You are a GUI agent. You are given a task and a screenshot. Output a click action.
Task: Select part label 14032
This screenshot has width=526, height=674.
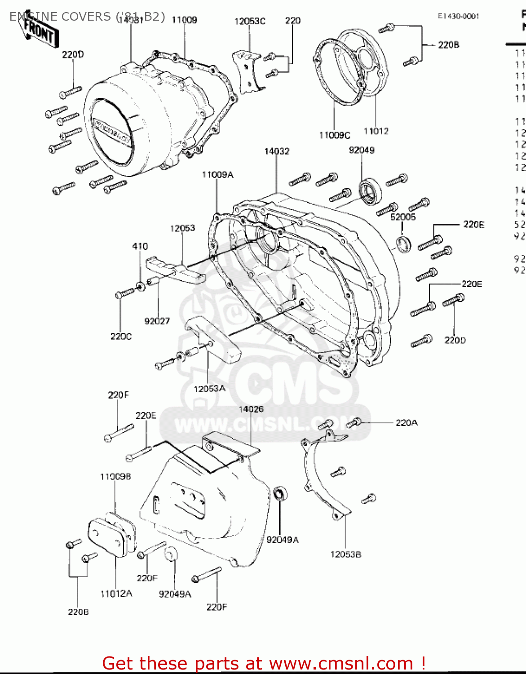277,151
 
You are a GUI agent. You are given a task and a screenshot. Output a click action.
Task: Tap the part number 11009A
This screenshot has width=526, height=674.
217,175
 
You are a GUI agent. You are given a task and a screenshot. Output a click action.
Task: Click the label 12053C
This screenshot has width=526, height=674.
250,21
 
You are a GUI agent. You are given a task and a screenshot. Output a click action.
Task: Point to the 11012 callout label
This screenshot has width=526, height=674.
376,131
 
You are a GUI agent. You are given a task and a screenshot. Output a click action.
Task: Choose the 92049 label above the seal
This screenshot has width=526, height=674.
362,150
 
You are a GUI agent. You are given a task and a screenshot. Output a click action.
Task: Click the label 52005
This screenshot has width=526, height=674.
403,217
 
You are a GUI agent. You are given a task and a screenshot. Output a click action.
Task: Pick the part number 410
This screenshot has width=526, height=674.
140,246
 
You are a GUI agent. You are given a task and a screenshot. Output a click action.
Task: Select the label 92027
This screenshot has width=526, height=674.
157,321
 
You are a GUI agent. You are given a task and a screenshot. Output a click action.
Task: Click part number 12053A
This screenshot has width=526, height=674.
209,389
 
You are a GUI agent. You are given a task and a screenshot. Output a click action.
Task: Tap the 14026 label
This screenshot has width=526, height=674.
251,409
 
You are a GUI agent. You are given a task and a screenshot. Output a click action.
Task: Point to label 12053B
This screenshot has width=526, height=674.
345,554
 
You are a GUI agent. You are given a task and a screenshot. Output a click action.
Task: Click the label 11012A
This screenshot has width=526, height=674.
116,594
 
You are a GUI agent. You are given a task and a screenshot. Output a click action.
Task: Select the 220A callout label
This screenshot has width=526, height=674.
407,423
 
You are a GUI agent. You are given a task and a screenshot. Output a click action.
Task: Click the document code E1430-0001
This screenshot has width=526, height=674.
459,16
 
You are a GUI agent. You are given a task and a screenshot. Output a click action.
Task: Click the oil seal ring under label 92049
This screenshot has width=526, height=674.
370,192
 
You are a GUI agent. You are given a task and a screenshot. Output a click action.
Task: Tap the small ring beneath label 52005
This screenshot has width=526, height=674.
403,244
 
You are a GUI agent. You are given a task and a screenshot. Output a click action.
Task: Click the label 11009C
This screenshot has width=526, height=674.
335,135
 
